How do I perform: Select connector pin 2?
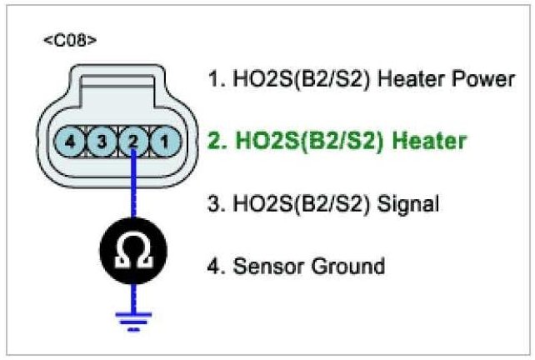pyautogui.click(x=132, y=142)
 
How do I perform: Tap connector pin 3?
pyautogui.click(x=102, y=142)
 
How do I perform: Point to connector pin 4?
pyautogui.click(x=72, y=142)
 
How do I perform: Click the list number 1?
pyautogui.click(x=212, y=80)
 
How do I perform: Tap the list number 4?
pyautogui.click(x=213, y=267)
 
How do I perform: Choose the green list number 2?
pyautogui.click(x=212, y=141)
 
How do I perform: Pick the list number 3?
pyautogui.click(x=212, y=202)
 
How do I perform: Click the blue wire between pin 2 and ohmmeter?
pyautogui.click(x=132, y=192)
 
